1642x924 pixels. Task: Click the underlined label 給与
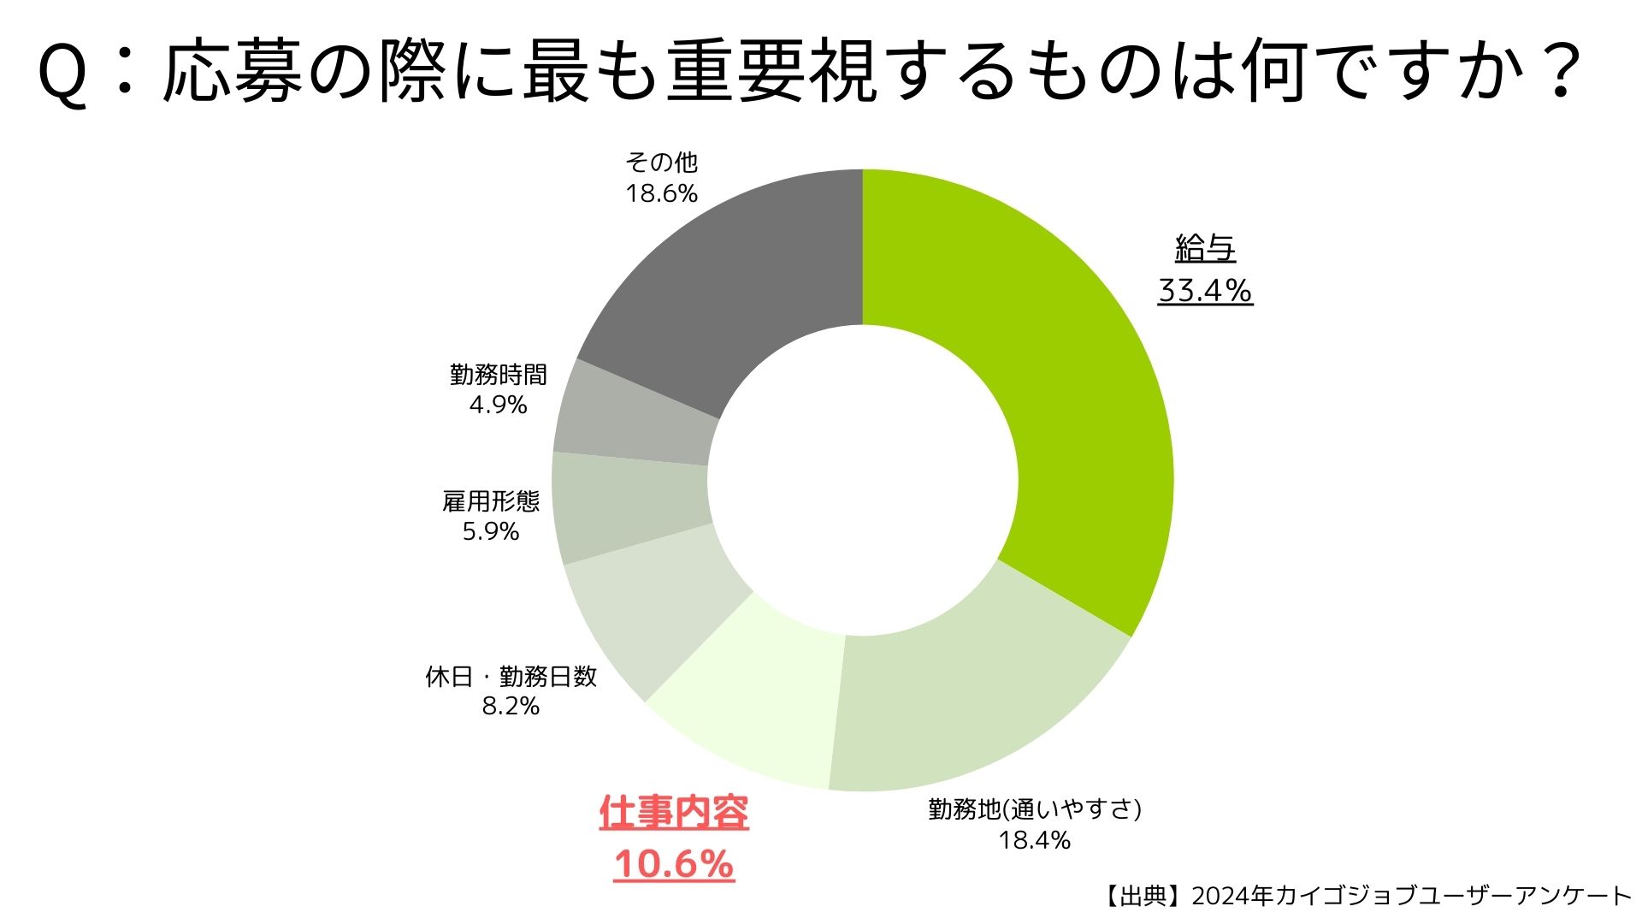tap(1205, 249)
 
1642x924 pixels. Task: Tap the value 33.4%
tap(1205, 291)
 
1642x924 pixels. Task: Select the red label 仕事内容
tap(674, 813)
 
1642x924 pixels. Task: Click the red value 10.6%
tap(674, 863)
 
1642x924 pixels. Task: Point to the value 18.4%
tap(1035, 840)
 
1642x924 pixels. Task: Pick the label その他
tap(661, 162)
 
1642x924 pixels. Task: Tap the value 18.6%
tap(661, 193)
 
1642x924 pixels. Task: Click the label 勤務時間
tap(498, 374)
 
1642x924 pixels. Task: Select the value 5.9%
tap(491, 531)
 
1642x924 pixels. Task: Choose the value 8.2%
tap(511, 706)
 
